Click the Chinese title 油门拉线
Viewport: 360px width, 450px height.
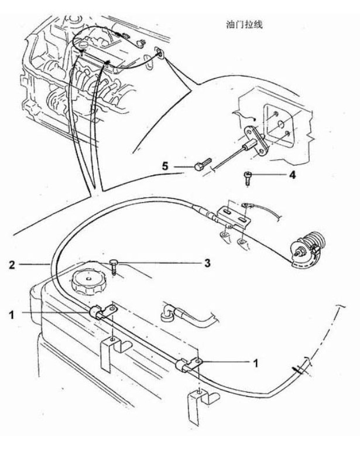point(244,25)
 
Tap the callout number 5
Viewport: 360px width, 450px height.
point(165,166)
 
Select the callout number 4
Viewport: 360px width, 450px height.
point(292,175)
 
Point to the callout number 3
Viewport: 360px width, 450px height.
point(207,263)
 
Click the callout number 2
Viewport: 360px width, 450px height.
point(12,265)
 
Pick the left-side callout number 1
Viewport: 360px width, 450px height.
point(12,315)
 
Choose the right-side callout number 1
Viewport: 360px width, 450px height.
point(256,363)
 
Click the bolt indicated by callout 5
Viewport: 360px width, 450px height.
point(203,164)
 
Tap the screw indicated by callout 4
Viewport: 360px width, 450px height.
point(248,178)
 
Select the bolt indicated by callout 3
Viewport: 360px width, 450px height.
point(114,267)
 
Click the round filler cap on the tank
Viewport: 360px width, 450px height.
point(88,282)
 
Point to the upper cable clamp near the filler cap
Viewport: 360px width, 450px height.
point(102,312)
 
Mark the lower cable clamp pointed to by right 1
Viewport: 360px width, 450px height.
point(188,364)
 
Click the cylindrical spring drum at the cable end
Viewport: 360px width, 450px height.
point(307,249)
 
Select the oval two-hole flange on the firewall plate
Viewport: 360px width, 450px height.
point(256,141)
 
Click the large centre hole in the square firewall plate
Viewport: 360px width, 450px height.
point(281,125)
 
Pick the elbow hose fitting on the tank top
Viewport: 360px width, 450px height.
point(167,313)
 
